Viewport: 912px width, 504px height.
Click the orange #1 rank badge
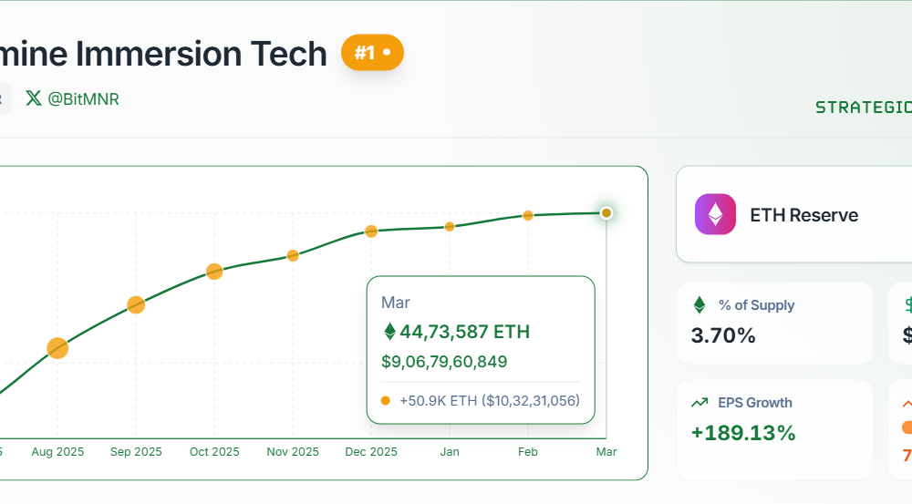pos(372,53)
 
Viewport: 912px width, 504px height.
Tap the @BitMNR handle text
pos(83,98)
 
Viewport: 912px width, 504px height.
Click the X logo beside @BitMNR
pos(34,98)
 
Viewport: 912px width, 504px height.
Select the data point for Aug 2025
pos(57,347)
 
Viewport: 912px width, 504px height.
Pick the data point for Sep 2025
pos(136,304)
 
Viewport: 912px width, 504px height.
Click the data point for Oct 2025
pos(214,271)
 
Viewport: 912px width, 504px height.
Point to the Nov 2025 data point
pos(293,255)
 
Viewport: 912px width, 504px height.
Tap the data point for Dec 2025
pos(371,231)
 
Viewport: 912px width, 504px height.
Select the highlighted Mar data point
pos(606,213)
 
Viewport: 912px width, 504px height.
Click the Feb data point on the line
pos(528,216)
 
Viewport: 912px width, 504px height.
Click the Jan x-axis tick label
pos(450,452)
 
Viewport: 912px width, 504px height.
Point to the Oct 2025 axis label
pos(214,452)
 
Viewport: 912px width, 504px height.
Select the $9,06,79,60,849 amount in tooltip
pos(444,362)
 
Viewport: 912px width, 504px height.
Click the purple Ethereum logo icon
pos(715,215)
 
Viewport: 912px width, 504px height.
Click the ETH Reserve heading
pos(803,215)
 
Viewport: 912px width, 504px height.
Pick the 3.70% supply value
pos(723,335)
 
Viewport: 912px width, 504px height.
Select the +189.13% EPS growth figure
pos(743,433)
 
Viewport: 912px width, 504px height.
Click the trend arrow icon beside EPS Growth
pos(700,403)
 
